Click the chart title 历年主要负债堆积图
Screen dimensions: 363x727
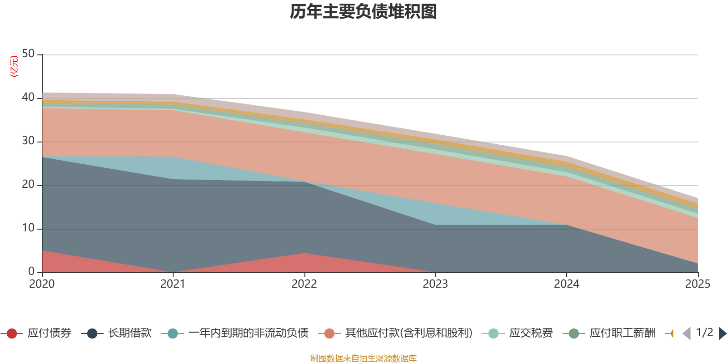(x=363, y=12)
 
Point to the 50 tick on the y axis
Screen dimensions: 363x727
(x=28, y=54)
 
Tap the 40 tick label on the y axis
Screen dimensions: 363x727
(x=28, y=98)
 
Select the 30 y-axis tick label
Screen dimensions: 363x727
(x=28, y=141)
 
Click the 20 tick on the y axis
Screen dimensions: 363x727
(x=28, y=185)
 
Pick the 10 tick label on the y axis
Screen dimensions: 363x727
(x=28, y=228)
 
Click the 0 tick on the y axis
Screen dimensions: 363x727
(x=31, y=272)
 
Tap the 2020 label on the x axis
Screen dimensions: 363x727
(x=42, y=284)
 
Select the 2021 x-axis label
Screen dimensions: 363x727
(x=173, y=284)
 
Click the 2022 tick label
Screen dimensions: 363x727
(x=304, y=284)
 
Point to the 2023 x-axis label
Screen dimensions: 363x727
(x=435, y=284)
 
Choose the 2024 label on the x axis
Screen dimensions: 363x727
(x=566, y=284)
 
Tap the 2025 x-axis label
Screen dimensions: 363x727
(x=697, y=284)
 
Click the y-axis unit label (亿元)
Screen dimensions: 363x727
(x=14, y=66)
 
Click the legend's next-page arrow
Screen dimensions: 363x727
(x=722, y=334)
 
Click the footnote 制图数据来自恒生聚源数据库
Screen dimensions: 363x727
(x=363, y=358)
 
